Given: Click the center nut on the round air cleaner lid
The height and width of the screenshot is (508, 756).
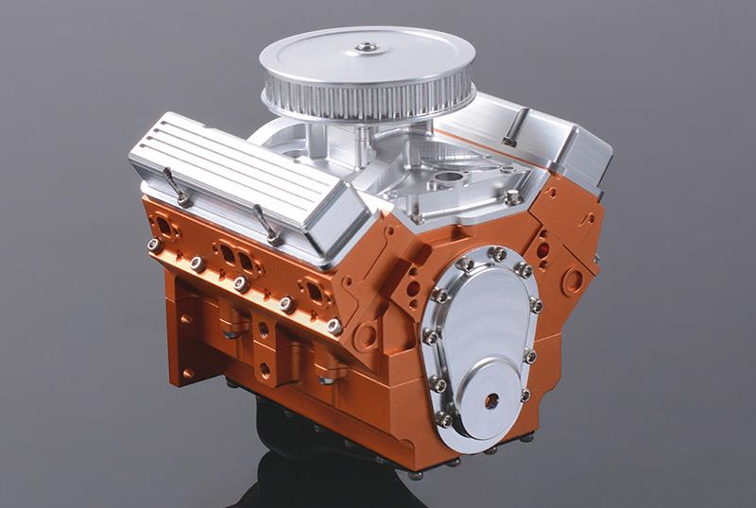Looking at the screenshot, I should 366,46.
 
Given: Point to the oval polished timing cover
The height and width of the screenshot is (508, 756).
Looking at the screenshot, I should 483,335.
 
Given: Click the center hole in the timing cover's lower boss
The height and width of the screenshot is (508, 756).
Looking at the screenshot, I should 491,400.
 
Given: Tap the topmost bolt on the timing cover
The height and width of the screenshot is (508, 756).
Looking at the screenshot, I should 496,253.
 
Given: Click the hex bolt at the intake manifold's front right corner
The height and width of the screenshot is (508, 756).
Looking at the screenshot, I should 511,197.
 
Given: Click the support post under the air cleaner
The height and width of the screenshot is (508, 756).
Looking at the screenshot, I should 364,142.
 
